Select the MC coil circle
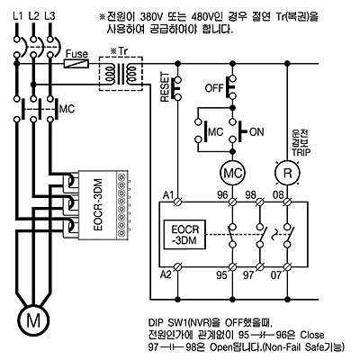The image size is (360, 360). click(232, 173)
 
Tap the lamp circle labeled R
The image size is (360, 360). click(287, 173)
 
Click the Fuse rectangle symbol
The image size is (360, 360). click(76, 64)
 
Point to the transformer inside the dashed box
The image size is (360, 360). click(121, 74)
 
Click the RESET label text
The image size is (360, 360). click(166, 87)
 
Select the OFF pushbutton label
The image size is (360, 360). click(214, 88)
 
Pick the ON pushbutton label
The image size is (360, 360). click(256, 131)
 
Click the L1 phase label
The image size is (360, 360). click(18, 15)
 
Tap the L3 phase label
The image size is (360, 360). click(49, 15)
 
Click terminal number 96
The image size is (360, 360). click(222, 195)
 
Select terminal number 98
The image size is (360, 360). click(250, 195)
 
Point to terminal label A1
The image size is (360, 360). click(168, 195)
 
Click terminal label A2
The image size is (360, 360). click(166, 274)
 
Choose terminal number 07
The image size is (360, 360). click(276, 275)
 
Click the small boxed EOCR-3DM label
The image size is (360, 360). click(185, 235)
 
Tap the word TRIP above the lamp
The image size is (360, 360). click(301, 152)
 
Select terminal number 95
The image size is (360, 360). click(222, 275)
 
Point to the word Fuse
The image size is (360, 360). click(76, 54)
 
